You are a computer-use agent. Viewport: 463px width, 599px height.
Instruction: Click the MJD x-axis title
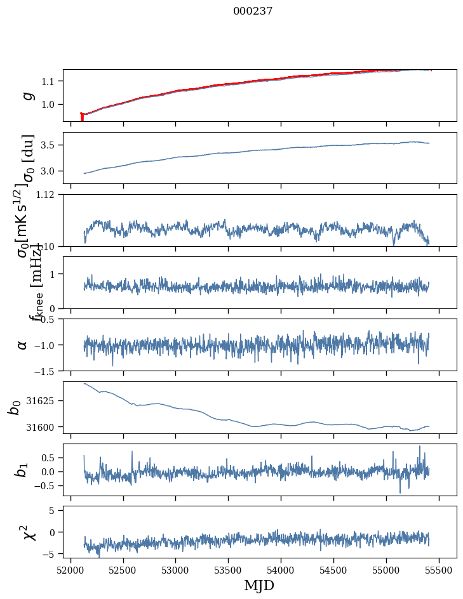click(259, 585)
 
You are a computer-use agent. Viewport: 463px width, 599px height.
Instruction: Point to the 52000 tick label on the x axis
click(70, 570)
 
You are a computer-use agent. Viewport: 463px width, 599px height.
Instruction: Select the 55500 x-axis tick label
click(440, 570)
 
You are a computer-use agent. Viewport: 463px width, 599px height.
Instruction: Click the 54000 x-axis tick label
click(281, 570)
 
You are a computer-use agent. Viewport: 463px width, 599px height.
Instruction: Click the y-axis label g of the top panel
click(27, 95)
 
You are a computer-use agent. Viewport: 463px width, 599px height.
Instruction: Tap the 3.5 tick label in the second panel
click(50, 145)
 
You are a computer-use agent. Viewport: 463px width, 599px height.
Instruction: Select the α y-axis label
click(23, 345)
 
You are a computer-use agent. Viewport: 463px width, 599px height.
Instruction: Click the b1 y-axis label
click(23, 470)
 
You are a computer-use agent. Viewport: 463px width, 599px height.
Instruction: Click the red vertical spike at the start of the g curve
click(82, 117)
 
